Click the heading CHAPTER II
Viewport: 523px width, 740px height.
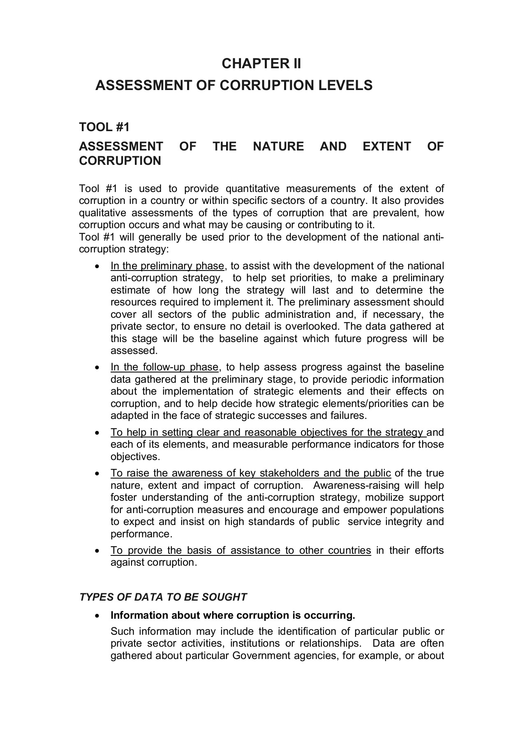tap(261, 64)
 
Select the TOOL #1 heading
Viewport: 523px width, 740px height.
tap(104, 127)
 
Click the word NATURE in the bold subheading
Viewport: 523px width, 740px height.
tap(278, 146)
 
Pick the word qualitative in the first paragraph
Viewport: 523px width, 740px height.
tap(102, 213)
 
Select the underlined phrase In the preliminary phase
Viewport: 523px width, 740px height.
tap(167, 266)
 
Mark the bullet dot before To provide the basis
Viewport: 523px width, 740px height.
tap(97, 551)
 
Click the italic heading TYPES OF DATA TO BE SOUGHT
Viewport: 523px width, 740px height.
tap(163, 597)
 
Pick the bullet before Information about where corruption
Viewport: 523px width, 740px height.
tap(97, 616)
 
